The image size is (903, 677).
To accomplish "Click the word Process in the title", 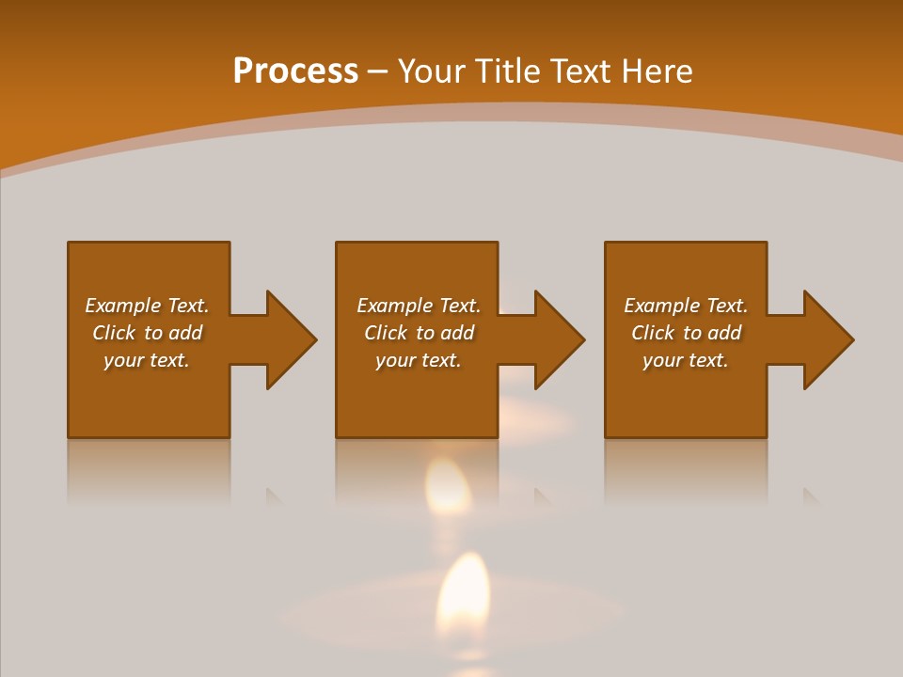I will click(295, 71).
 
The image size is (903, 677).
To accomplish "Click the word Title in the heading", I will click(509, 71).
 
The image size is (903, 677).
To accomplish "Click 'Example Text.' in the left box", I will click(147, 306).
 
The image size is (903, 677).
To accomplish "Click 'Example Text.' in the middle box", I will click(419, 306).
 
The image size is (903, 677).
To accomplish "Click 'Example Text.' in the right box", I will click(686, 306).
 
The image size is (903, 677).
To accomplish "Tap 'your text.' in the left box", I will click(147, 360).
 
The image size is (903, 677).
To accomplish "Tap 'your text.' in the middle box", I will click(419, 360).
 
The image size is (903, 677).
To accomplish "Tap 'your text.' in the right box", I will click(686, 360).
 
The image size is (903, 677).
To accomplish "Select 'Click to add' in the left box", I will click(147, 333).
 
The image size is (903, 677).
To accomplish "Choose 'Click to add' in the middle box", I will click(419, 333).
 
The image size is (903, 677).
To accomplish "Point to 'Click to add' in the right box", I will click(686, 333).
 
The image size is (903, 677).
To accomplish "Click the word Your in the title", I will click(432, 71).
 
